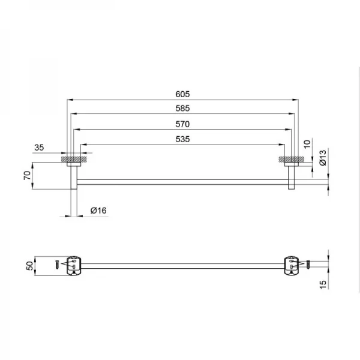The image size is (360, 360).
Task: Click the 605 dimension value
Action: pos(182,94)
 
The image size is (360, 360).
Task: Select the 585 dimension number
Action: pos(182,109)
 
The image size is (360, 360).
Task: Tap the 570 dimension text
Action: pos(182,124)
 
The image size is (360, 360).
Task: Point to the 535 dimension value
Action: pos(182,139)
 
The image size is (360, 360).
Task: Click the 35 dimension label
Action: pos(39,148)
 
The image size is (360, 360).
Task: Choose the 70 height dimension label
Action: pos(27,175)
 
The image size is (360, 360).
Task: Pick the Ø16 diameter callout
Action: pos(98,211)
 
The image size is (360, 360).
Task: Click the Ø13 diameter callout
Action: pos(323,157)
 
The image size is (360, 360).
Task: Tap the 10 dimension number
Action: pos(307,144)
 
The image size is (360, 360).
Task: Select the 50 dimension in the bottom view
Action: pos(29,266)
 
